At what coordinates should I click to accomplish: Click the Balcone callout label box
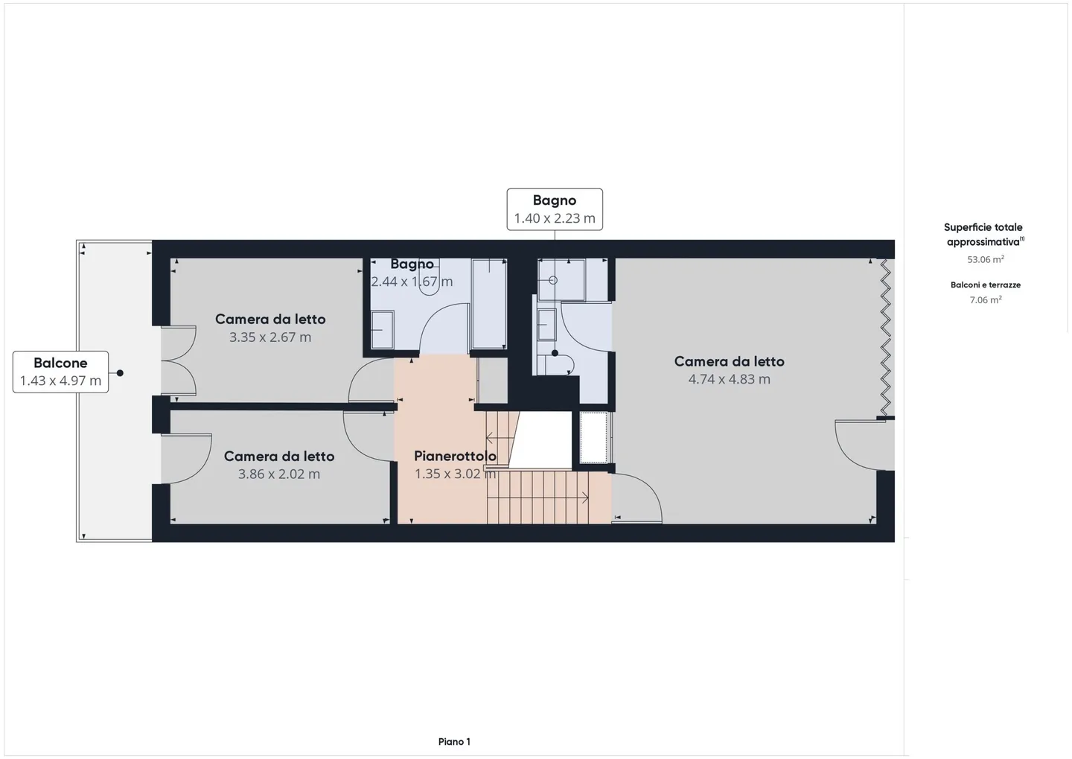click(x=61, y=372)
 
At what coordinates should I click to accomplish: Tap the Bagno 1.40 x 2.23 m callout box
click(x=555, y=209)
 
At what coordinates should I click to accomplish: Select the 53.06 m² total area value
click(x=986, y=259)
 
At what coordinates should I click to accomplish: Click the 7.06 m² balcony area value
click(x=986, y=299)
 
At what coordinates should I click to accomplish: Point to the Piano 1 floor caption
click(x=454, y=742)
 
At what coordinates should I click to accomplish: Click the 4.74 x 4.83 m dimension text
click(x=730, y=379)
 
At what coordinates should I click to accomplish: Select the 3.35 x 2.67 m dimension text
click(x=270, y=337)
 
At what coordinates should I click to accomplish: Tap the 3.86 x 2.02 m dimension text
click(x=279, y=474)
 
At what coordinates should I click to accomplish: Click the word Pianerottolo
click(x=455, y=456)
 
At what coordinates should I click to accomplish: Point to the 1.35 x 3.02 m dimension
click(x=455, y=474)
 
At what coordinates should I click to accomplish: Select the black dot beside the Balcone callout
click(x=120, y=373)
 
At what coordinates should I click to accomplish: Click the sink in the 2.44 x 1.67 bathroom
click(x=383, y=329)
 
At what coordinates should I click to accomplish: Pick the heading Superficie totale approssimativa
click(x=983, y=235)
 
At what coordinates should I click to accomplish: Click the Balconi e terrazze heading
click(x=986, y=285)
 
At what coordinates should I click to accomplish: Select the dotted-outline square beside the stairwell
click(x=593, y=438)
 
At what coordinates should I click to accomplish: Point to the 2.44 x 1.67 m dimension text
click(x=412, y=282)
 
